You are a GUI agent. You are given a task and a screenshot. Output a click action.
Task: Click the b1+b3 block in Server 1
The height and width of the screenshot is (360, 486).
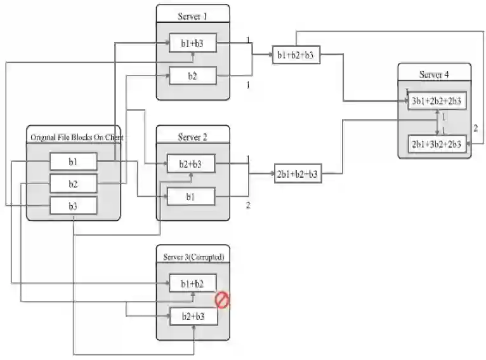click(x=193, y=43)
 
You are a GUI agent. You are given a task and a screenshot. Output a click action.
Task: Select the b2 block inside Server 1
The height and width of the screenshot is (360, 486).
click(x=193, y=76)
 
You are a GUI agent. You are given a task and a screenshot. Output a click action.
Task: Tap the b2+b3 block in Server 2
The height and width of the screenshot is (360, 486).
click(x=191, y=164)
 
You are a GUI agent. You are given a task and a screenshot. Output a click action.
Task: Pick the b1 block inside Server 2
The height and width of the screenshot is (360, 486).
click(x=191, y=197)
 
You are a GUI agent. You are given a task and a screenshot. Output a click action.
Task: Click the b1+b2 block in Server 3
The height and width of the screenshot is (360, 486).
click(x=193, y=283)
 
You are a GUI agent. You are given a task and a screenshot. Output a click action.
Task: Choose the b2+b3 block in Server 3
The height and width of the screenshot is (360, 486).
click(x=193, y=316)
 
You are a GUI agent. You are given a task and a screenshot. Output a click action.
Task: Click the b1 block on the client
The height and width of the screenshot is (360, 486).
click(x=73, y=161)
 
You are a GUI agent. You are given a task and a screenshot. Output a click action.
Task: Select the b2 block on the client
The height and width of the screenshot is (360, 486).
click(x=73, y=183)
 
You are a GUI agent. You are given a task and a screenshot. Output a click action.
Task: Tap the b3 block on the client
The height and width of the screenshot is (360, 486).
click(x=73, y=206)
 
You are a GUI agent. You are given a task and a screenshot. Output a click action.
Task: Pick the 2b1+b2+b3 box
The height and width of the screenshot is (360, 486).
click(x=296, y=173)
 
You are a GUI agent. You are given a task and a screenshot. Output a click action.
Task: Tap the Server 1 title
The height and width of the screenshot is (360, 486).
click(x=193, y=15)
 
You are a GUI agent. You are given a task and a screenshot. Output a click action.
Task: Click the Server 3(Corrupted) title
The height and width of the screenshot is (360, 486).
click(x=193, y=256)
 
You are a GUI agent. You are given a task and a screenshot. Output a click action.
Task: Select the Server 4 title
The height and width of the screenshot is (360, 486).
click(x=434, y=74)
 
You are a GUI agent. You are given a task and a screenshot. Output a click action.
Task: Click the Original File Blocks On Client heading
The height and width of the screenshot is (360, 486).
click(x=76, y=137)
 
